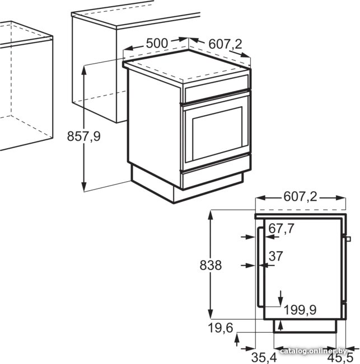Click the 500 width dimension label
(157, 43)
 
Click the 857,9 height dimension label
(83, 136)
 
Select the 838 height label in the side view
(211, 265)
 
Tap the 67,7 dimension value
(281, 229)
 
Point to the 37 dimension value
(276, 256)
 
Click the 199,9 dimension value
(300, 310)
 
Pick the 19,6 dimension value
(221, 328)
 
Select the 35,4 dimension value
(264, 357)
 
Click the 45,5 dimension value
(340, 357)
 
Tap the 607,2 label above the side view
(300, 197)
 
